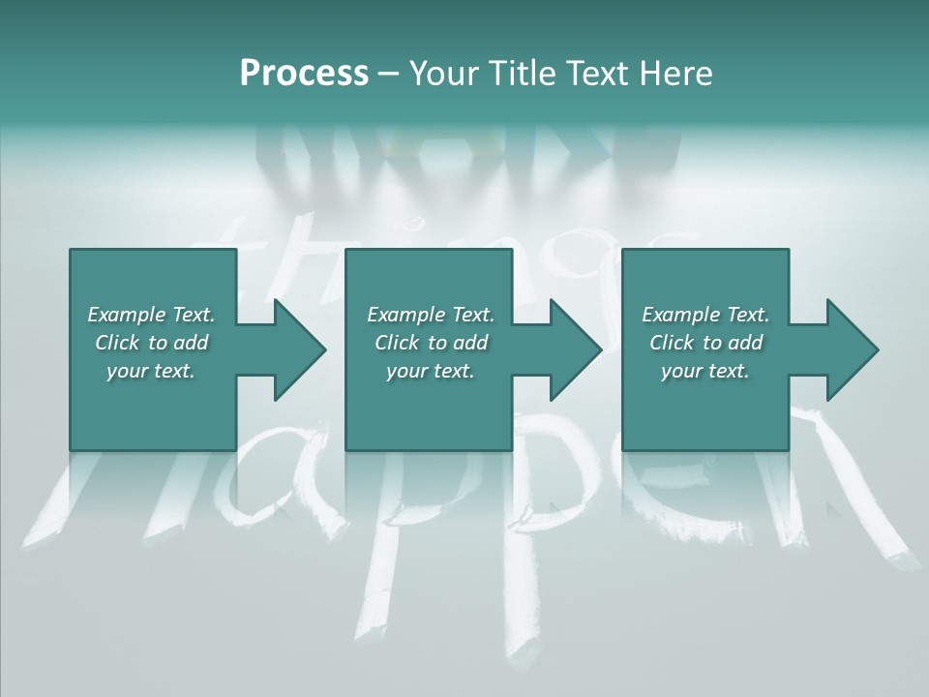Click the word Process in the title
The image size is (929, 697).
(304, 74)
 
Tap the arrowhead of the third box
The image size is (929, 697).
(852, 349)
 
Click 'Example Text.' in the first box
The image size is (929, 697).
(151, 315)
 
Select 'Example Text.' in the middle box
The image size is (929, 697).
(431, 315)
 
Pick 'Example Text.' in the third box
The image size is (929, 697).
(705, 315)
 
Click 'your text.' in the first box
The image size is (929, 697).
(151, 371)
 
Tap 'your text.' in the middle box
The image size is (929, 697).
(431, 371)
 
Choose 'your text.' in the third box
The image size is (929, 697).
(705, 371)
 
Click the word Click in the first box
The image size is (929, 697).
(117, 343)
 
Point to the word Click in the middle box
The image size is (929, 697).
(397, 343)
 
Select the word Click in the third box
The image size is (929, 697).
(672, 343)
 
